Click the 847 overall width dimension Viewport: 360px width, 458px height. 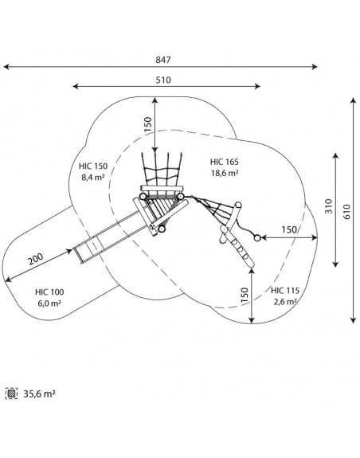pos(163,60)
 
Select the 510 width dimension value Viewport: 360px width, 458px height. pos(163,80)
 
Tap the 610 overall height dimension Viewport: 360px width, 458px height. pos(347,211)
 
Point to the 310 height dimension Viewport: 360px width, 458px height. pos(329,206)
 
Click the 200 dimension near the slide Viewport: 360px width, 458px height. pos(36,259)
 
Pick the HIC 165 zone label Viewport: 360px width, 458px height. pos(225,162)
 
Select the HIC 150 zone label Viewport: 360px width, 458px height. pos(93,166)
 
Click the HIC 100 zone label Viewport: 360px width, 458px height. pos(49,292)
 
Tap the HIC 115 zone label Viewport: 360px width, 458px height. pos(285,291)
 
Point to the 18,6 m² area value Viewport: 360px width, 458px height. pos(225,173)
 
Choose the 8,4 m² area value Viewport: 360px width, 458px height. pos(93,178)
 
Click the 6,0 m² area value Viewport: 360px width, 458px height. pos(49,303)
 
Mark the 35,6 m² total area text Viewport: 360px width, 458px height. pos(39,394)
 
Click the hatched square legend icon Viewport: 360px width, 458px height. pos(11,393)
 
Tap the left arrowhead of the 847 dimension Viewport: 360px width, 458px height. pos(6,67)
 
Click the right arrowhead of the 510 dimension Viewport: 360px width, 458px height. pos(257,86)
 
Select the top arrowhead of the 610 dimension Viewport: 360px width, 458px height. pos(354,101)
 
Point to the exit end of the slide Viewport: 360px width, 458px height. pos(77,256)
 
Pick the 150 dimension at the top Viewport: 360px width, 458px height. pos(148,125)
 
